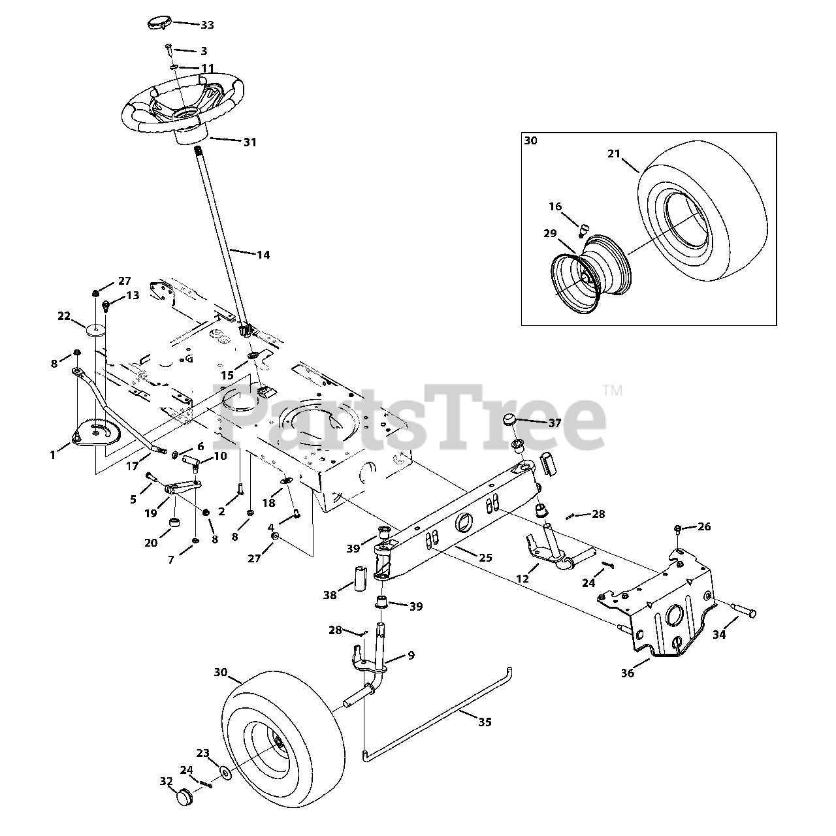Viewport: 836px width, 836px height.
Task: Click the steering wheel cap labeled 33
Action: click(157, 23)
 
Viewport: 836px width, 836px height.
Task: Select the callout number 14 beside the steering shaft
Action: click(263, 255)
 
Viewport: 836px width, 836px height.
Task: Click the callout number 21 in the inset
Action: click(613, 153)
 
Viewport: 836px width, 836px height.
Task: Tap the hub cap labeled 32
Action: click(187, 798)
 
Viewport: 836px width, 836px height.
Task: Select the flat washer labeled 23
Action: click(225, 773)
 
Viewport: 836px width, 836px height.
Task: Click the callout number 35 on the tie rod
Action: click(485, 722)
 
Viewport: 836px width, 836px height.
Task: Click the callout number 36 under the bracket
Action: click(628, 673)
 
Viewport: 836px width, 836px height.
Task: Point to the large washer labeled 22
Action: click(95, 326)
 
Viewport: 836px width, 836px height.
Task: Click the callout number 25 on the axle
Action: click(485, 558)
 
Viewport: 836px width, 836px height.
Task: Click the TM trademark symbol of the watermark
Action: click(613, 391)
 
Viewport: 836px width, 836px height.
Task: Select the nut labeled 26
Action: click(679, 528)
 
